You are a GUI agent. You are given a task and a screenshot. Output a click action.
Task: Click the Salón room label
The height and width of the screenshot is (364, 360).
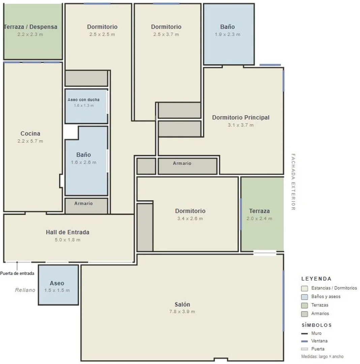point(182,304)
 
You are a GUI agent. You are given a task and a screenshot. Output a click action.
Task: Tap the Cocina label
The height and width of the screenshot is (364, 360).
point(30,134)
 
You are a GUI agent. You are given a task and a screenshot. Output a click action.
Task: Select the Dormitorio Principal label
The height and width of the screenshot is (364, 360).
point(241,117)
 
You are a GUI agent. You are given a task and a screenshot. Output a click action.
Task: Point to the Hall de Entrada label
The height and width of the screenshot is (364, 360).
point(67,232)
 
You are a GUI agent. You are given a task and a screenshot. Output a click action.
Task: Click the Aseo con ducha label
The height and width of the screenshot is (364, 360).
point(84,100)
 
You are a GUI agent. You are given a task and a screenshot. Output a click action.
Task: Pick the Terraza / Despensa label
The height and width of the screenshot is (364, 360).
point(31,27)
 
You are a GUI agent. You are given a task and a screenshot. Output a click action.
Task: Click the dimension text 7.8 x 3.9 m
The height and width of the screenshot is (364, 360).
point(182,311)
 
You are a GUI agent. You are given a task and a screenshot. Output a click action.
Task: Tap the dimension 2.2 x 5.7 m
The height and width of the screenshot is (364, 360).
point(30,141)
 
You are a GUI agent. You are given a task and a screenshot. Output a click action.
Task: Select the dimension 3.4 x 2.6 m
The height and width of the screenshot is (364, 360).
point(190,219)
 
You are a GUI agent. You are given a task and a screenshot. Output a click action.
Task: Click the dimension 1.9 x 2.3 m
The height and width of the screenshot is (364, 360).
point(227,34)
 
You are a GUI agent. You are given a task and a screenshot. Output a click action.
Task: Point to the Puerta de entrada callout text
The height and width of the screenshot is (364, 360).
point(17,273)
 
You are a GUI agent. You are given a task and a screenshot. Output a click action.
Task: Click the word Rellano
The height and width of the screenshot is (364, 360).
point(25,290)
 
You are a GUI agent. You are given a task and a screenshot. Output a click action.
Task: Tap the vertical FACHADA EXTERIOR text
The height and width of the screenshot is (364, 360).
point(293,182)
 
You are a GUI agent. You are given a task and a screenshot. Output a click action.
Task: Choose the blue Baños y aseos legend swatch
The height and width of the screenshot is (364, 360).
point(304,297)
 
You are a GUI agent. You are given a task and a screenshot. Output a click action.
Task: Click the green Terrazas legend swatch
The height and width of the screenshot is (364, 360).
point(304,305)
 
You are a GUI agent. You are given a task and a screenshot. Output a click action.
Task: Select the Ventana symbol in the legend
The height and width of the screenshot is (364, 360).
point(304,341)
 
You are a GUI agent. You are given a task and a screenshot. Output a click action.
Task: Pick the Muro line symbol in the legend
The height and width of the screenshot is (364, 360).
point(304,334)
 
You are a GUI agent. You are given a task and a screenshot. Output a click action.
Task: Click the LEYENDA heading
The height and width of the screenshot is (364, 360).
point(317,279)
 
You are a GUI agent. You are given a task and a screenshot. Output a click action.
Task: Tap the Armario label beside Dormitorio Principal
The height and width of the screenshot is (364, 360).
point(182,163)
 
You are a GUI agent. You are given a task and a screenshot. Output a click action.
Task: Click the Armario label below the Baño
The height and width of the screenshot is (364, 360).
point(84,203)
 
